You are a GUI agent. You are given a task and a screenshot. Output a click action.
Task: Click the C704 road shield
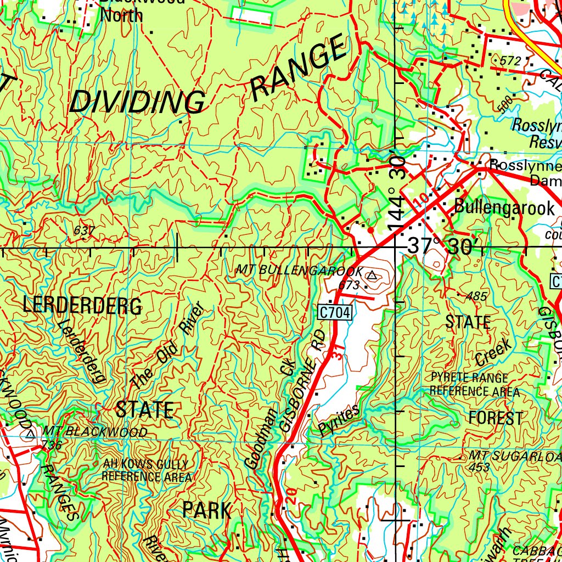333,312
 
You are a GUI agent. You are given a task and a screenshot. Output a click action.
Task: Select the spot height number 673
349,285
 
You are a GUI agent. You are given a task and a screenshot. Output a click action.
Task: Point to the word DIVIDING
137,103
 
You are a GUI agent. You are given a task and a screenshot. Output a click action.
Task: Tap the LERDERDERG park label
82,306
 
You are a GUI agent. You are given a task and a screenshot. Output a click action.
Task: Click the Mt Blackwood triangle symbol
30,434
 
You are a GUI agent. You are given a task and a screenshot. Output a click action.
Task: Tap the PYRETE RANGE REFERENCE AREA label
475,385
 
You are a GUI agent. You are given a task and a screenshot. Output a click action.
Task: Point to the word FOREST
495,418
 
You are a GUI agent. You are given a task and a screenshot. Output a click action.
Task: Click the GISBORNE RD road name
302,381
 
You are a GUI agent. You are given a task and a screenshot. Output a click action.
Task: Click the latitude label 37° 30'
444,247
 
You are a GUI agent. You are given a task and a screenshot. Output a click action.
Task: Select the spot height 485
476,296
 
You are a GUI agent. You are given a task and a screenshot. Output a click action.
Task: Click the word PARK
207,510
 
